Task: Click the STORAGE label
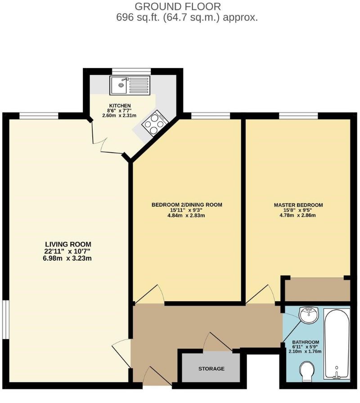pos(211,369)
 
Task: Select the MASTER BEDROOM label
pos(298,205)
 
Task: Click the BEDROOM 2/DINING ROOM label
pos(187,205)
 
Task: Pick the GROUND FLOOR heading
pos(178,7)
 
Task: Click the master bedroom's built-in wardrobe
pos(317,290)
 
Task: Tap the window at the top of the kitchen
pos(131,71)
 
